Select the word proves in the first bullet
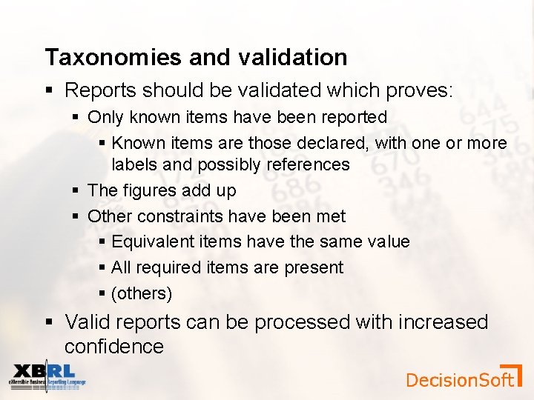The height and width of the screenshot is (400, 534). tap(418, 90)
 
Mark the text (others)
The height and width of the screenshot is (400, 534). tap(142, 293)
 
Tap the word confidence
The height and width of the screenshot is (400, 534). tap(114, 347)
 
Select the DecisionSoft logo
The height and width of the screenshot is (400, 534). tap(464, 378)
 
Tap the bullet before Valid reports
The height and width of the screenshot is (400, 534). tap(49, 322)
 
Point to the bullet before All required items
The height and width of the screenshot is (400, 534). tap(102, 267)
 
